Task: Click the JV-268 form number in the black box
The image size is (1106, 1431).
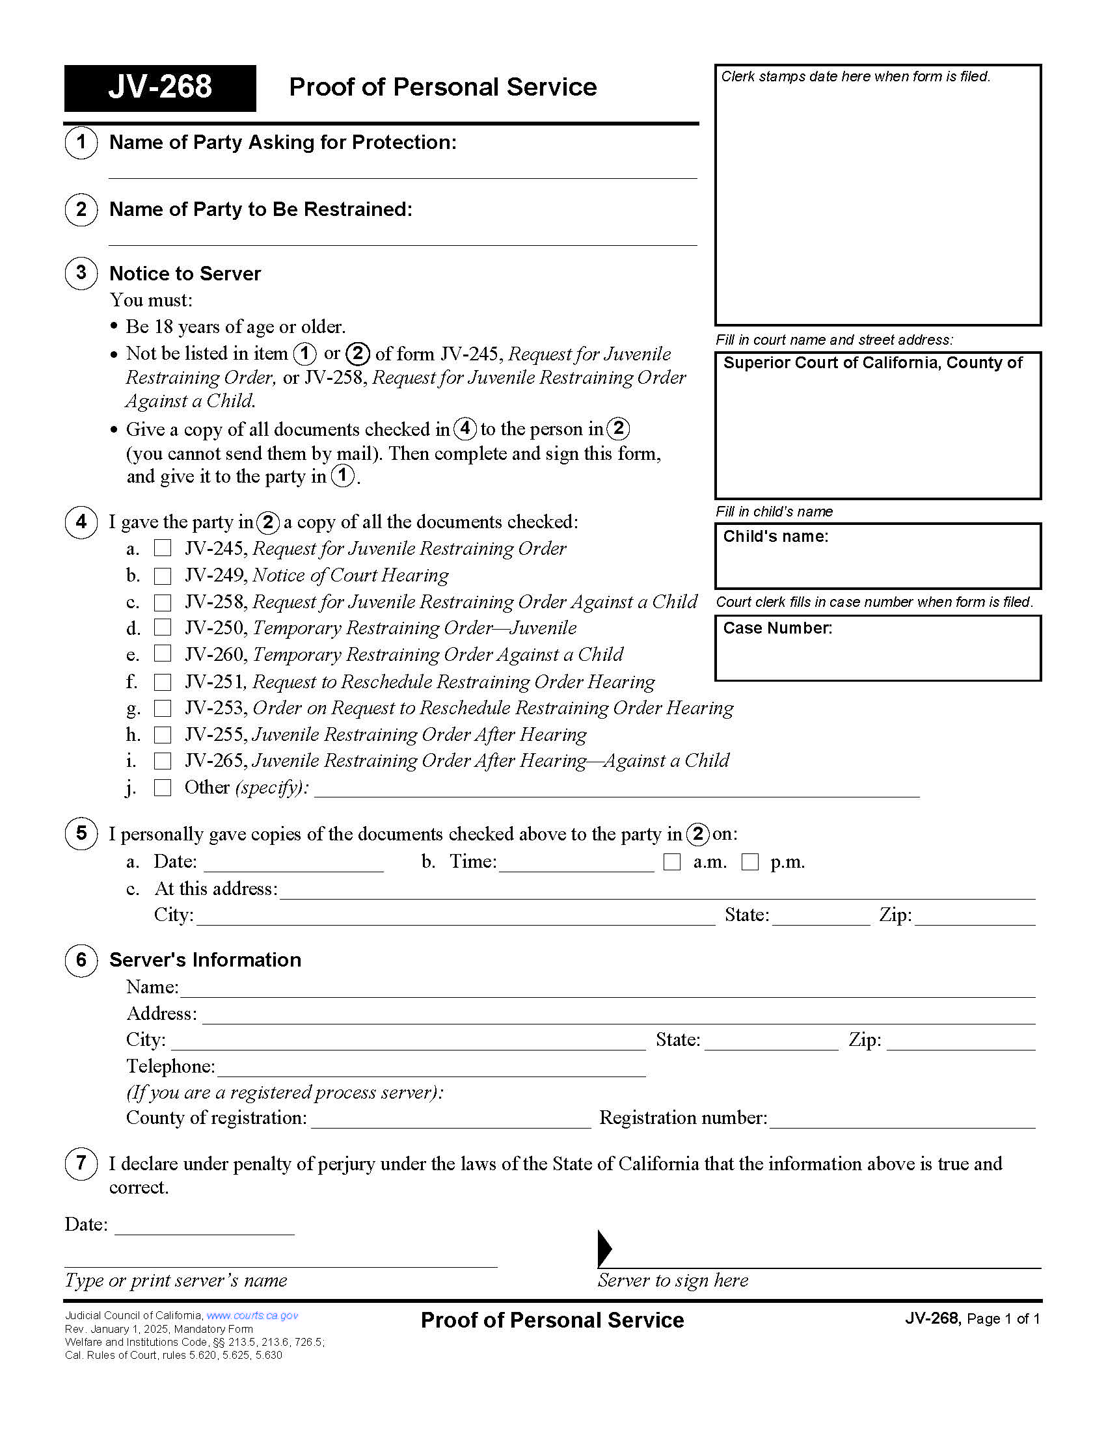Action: pos(160,87)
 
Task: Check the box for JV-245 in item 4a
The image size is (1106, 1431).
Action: pos(163,548)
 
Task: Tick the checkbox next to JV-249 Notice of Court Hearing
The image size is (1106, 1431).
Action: pos(163,575)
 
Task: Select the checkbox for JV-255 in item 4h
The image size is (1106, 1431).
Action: pos(163,734)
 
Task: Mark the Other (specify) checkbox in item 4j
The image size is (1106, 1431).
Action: pos(163,787)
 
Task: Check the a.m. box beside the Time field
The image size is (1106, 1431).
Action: pos(672,862)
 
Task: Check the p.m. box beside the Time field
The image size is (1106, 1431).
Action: pos(750,862)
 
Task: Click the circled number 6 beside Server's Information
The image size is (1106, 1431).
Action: pos(81,960)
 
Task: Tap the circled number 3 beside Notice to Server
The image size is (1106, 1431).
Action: pos(81,273)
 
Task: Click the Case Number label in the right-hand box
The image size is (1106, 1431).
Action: pos(777,628)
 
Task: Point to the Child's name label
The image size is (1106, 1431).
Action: pos(775,536)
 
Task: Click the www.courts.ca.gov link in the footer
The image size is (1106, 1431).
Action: pos(252,1315)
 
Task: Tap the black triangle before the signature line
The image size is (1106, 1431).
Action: pos(604,1248)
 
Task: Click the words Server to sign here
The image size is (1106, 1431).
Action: pos(672,1280)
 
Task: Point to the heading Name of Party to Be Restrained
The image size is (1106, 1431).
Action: pos(261,209)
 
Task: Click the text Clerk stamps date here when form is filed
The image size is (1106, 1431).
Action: pos(855,77)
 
